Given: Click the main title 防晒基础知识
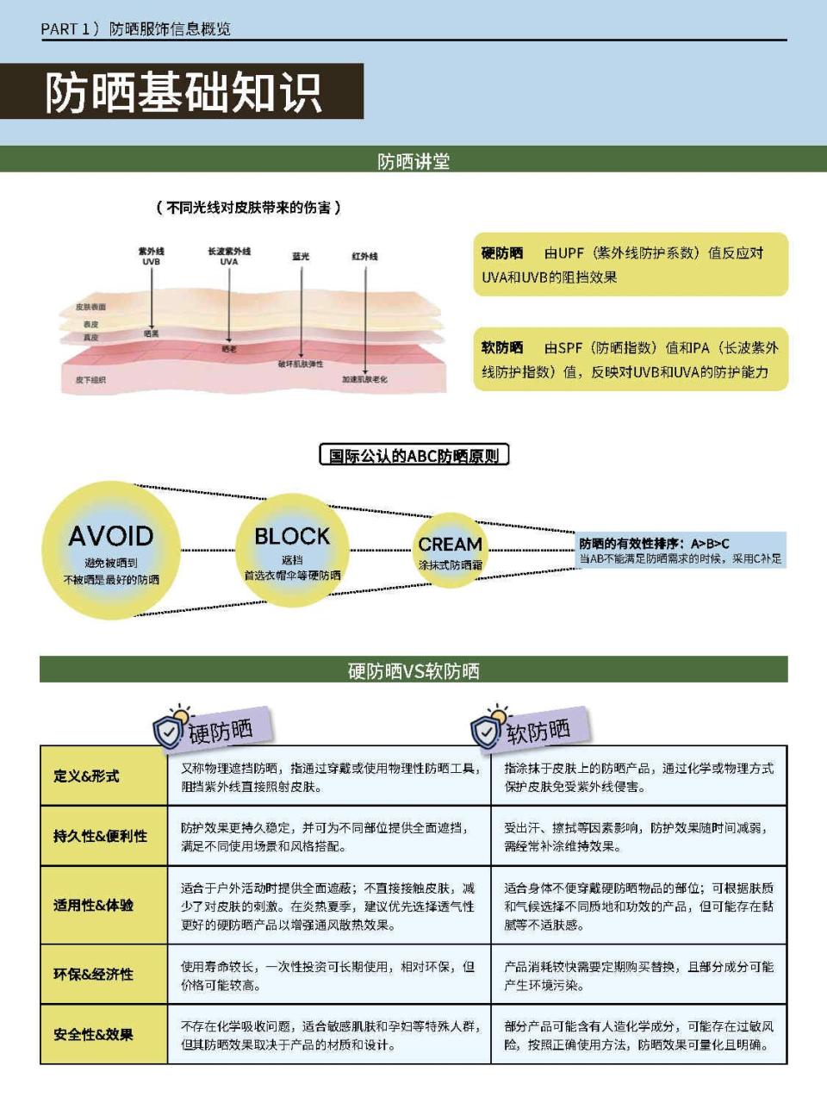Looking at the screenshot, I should click(183, 92).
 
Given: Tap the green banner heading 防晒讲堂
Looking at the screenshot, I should click(413, 161).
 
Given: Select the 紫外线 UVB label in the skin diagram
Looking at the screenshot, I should click(151, 256).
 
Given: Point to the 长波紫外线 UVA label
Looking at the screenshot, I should click(228, 256).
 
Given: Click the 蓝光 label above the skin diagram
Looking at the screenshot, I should click(301, 256).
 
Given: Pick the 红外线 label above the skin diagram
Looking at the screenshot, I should click(364, 256).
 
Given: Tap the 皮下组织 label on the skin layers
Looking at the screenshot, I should click(90, 379).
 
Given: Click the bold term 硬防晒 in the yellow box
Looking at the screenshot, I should click(502, 253).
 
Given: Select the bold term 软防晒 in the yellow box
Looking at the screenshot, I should click(502, 348).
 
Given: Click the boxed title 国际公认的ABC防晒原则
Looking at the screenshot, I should click(413, 456).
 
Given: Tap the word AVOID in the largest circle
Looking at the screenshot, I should click(111, 536).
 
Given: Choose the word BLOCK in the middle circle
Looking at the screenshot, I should click(292, 536).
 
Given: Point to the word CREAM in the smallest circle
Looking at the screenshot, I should click(450, 545).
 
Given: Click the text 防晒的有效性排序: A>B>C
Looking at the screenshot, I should click(654, 543).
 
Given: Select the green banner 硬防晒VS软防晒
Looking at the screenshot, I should click(413, 670).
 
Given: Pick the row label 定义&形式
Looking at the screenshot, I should click(86, 776).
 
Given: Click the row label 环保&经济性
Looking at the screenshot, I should click(93, 974).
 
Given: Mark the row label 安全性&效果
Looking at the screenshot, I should click(93, 1034).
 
